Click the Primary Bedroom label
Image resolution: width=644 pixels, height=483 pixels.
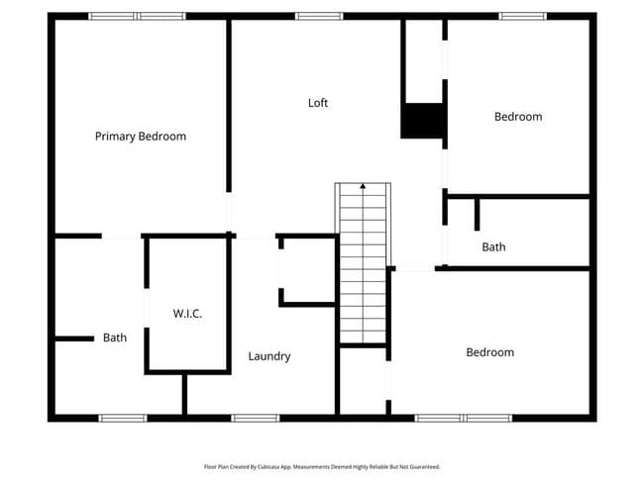click(140, 136)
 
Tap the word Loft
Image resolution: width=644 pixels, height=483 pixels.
click(317, 103)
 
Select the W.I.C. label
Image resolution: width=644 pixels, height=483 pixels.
click(187, 313)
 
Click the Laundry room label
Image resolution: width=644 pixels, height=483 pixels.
click(268, 356)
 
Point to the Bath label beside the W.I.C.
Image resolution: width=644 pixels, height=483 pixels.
click(115, 338)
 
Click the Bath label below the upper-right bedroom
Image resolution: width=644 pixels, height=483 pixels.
click(493, 246)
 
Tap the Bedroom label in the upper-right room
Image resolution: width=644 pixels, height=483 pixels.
click(518, 117)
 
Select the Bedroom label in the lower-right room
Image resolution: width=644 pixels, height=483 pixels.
click(490, 352)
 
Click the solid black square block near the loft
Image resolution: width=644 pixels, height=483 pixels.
click(421, 121)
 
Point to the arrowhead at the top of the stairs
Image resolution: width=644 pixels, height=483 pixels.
click(363, 185)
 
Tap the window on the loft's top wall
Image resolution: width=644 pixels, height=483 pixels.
click(319, 16)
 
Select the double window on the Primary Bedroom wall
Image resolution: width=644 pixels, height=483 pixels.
click(137, 16)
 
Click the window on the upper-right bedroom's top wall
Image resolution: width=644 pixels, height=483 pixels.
click(521, 16)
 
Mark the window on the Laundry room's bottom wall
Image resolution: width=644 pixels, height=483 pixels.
click(253, 418)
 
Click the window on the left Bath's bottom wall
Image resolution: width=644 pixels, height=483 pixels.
click(123, 418)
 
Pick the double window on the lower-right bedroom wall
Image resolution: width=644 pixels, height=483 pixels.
click(464, 418)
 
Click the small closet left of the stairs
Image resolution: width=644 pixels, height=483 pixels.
click(307, 270)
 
